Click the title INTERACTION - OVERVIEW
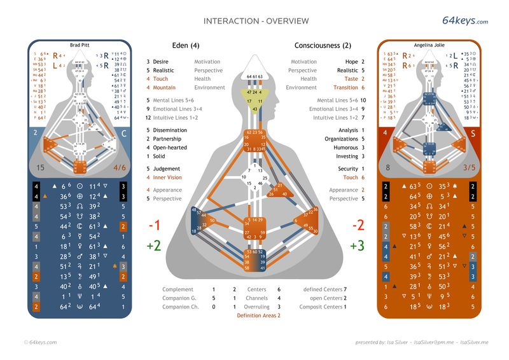click(x=256, y=21)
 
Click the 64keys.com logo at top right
click(x=464, y=21)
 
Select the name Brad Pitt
click(x=80, y=45)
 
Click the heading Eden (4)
click(x=186, y=46)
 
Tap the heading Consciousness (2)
click(x=323, y=46)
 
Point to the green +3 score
click(x=358, y=246)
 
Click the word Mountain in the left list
click(x=164, y=88)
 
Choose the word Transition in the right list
click(x=345, y=88)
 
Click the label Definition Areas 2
click(x=258, y=315)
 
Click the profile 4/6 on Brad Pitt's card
click(x=120, y=168)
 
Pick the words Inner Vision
click(x=167, y=177)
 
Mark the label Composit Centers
click(x=322, y=307)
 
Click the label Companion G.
click(x=179, y=298)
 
